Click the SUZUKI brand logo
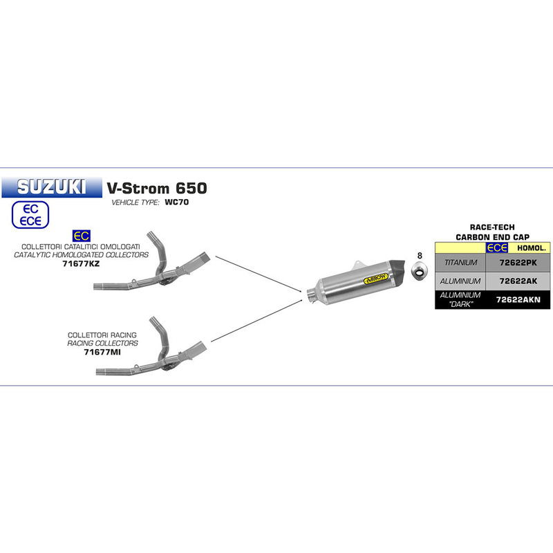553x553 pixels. click(51, 187)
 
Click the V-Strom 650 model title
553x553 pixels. click(156, 187)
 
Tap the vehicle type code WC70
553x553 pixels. click(176, 203)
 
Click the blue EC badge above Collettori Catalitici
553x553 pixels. click(81, 237)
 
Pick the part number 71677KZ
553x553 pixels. click(81, 263)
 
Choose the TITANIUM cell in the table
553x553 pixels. click(461, 263)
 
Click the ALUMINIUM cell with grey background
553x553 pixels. click(461, 282)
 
